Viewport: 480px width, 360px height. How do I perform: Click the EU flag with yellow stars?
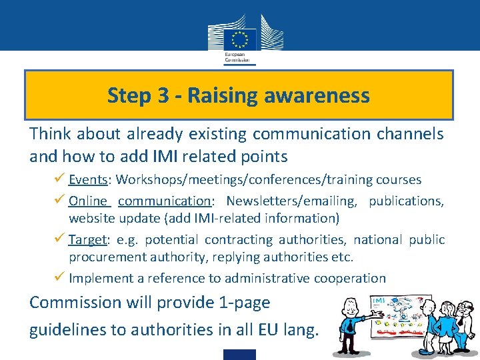pos(239,38)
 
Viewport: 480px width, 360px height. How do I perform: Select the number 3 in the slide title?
pos(162,95)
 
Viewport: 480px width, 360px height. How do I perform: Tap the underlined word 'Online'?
pos(89,201)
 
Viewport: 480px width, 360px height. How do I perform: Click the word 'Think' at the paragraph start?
pos(51,133)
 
